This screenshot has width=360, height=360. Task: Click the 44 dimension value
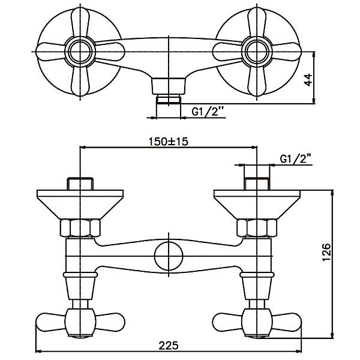pyautogui.click(x=309, y=79)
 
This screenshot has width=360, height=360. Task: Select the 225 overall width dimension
pyautogui.click(x=169, y=346)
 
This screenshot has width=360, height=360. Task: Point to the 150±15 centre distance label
pyautogui.click(x=169, y=142)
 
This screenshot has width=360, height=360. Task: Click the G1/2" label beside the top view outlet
pyautogui.click(x=208, y=112)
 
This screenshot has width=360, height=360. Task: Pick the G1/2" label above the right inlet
pyautogui.click(x=296, y=158)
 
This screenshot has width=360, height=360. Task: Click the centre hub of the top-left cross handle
pyautogui.click(x=80, y=52)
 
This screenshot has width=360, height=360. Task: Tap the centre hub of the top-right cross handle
pyautogui.click(x=257, y=52)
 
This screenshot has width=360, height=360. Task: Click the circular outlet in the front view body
pyautogui.click(x=169, y=256)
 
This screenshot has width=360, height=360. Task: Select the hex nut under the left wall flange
pyautogui.click(x=80, y=228)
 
